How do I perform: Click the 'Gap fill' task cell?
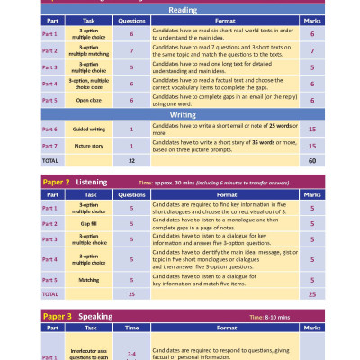(x=88, y=223)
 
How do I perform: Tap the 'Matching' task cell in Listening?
(x=88, y=280)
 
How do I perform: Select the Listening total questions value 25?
(x=132, y=293)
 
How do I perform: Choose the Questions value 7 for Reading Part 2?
(x=132, y=51)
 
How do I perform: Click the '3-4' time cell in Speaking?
(x=132, y=353)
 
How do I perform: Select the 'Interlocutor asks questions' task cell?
(x=88, y=355)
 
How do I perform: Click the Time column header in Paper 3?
(x=132, y=330)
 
